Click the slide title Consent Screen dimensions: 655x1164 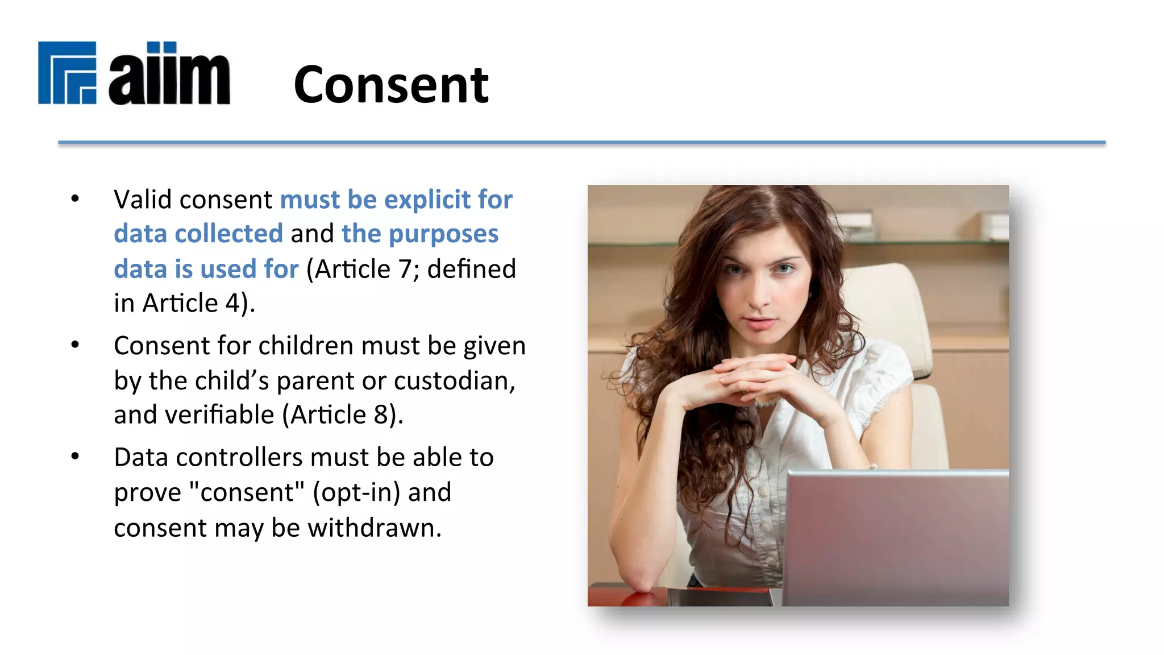point(391,85)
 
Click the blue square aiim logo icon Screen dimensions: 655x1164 point(67,73)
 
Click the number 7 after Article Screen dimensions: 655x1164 point(405,269)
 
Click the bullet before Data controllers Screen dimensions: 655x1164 point(75,457)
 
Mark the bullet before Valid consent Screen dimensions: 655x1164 point(75,199)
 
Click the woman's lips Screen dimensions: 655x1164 point(759,324)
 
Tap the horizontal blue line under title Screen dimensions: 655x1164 point(581,142)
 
